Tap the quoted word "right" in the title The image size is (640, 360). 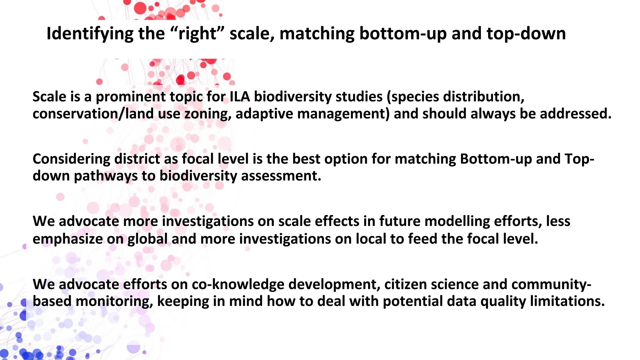(x=198, y=34)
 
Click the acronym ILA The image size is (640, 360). (x=240, y=97)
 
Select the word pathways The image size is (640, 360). (x=106, y=176)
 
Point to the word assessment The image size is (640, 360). (x=281, y=176)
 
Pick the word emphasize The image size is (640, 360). (x=67, y=239)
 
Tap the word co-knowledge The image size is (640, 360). (x=238, y=284)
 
